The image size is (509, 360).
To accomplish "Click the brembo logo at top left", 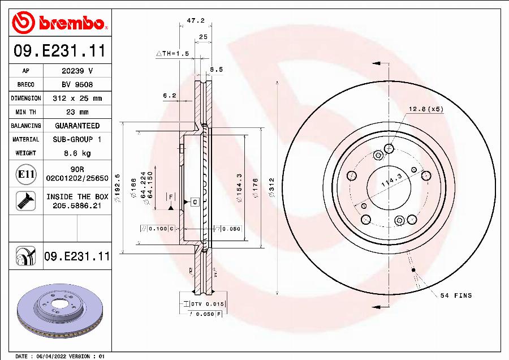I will tap(59, 23).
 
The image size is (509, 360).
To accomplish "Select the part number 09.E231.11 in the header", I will tap(59, 52).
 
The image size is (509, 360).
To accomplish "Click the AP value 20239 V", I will tap(77, 71).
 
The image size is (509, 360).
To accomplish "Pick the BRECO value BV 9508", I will tap(77, 84).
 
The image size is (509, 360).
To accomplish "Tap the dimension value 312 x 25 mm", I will tap(77, 98).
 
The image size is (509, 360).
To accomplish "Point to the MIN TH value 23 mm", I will tap(77, 112).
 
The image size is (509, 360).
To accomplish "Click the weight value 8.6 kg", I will tap(77, 153).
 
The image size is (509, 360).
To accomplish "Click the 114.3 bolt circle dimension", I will tap(391, 181).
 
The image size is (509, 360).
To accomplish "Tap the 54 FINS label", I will tap(455, 295).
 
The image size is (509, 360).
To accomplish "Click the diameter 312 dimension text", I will tap(271, 187).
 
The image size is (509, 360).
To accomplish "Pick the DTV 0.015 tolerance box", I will tap(206, 305).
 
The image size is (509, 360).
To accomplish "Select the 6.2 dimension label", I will tap(169, 96).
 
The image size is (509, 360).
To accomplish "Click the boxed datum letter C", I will tap(194, 202).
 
